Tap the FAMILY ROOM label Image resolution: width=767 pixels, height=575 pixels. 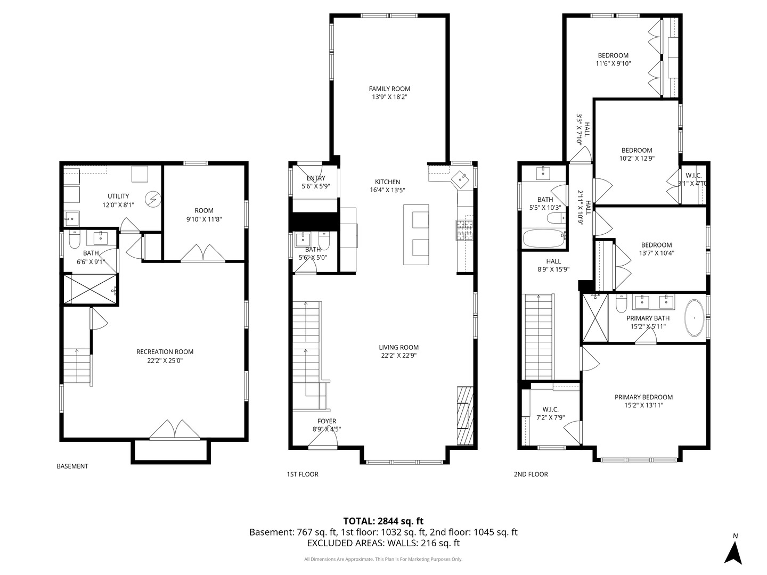389,89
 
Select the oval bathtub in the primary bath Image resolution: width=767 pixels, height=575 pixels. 695,318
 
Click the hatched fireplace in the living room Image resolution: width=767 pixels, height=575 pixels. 465,415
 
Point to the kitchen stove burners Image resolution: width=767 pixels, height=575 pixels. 464,231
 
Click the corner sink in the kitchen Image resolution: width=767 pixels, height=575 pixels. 460,180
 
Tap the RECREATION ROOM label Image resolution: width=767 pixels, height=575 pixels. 165,351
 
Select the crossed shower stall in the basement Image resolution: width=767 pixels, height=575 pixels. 91,290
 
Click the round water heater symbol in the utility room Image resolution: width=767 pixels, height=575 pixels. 153,200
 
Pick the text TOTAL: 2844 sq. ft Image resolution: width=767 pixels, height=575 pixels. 383,521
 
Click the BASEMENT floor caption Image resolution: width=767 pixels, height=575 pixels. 72,466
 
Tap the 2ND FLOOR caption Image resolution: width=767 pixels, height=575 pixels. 531,474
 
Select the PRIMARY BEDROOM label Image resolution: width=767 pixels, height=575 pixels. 643,397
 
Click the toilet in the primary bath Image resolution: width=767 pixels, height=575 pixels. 621,303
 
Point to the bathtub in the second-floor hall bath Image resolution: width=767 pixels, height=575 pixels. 544,238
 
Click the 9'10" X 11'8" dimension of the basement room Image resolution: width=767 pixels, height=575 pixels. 204,219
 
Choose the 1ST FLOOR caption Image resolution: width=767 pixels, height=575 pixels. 303,474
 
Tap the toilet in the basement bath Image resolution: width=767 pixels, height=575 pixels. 75,239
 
